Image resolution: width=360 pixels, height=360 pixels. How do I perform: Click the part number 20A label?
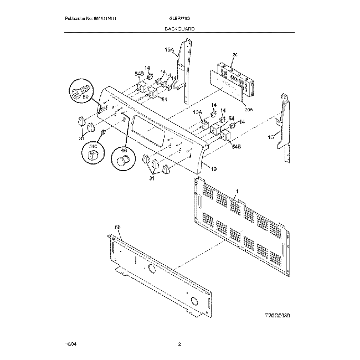click(248, 110)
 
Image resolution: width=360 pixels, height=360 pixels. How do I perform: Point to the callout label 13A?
click(197, 112)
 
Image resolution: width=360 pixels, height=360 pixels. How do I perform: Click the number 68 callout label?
click(117, 227)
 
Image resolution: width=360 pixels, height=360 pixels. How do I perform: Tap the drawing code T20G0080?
click(277, 315)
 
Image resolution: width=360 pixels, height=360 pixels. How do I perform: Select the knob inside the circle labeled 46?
click(123, 161)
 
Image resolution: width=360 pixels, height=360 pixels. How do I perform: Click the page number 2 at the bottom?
click(179, 344)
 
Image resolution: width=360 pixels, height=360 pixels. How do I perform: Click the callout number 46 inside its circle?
click(123, 150)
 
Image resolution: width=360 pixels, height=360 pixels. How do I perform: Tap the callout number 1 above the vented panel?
click(236, 191)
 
